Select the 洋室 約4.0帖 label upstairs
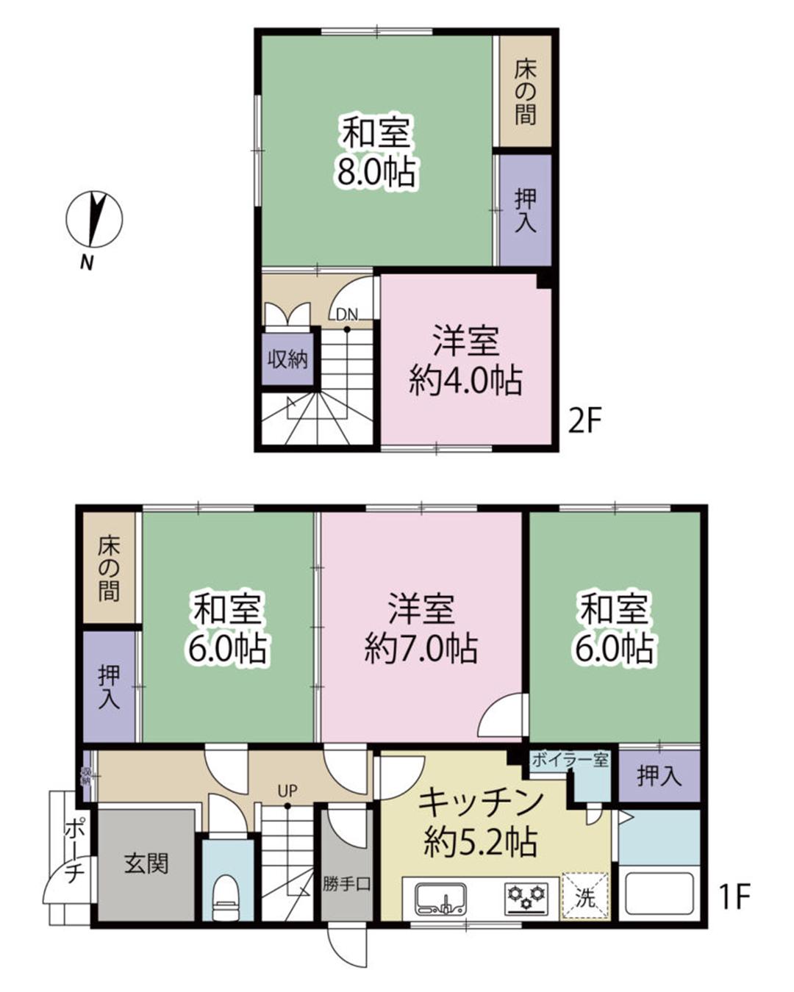pos(465,361)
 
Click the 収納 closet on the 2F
pos(287,359)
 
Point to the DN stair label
pos(346,315)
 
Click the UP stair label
pos(287,791)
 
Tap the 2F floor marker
pos(585,422)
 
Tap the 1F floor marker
pos(733,896)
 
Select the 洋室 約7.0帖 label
pos(421,628)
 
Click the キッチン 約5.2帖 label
pos(481,822)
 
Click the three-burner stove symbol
pos(526,898)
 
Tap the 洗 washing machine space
pos(585,896)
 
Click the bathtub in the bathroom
pos(659,894)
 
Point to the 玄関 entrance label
pos(146,863)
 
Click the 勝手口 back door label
pos(346,884)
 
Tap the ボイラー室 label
pos(570,760)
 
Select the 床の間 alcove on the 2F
pos(525,92)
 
